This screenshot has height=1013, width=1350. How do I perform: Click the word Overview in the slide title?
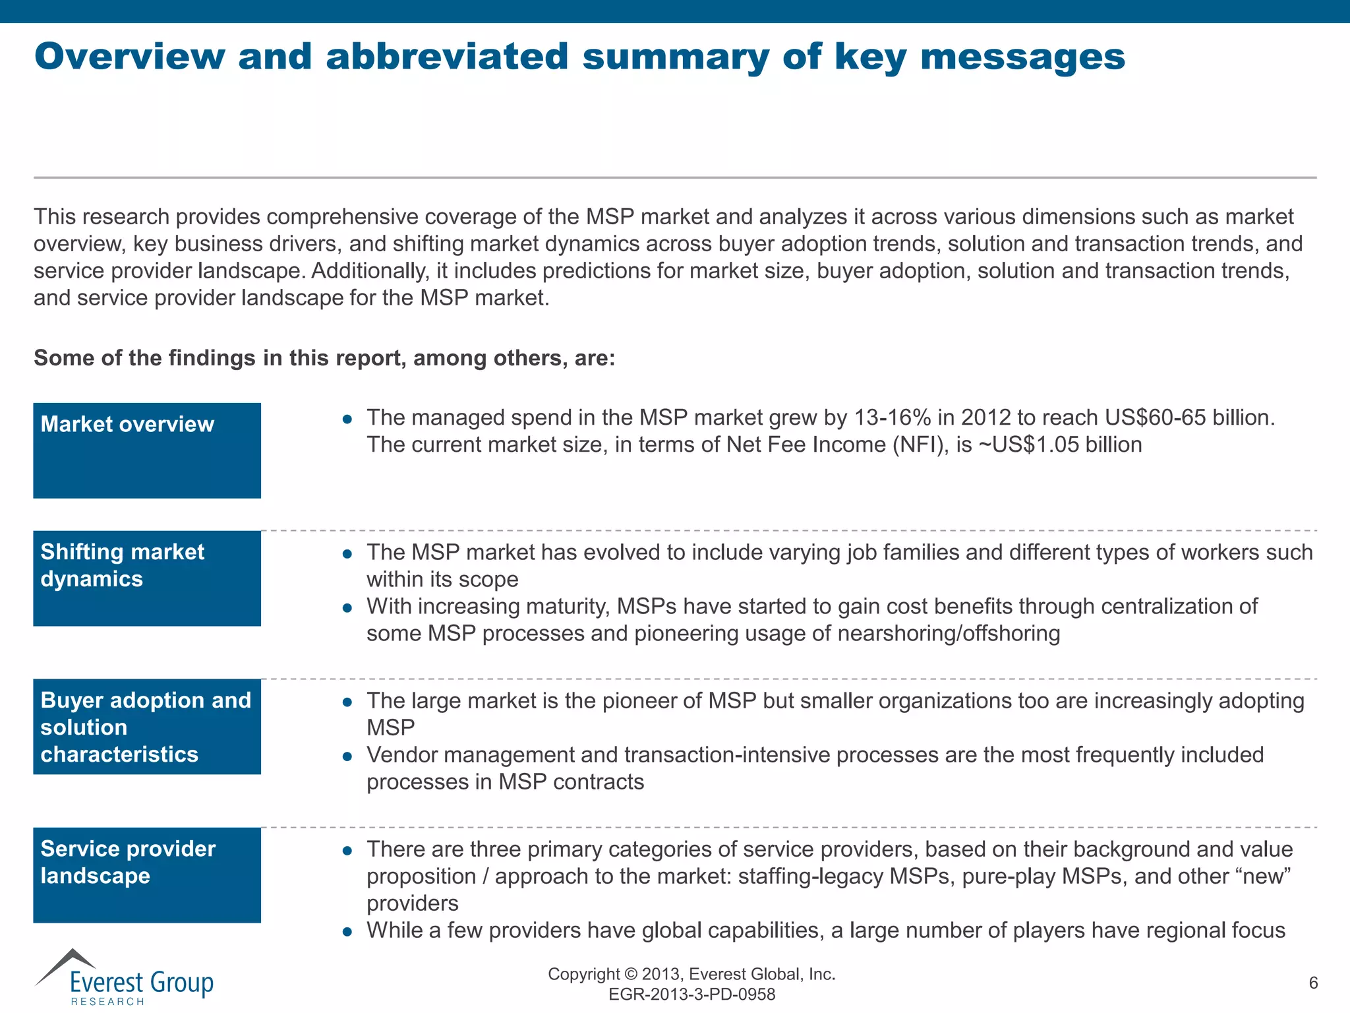click(x=130, y=57)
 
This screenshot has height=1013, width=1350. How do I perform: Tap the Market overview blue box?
click(x=147, y=450)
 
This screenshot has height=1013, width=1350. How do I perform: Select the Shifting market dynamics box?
click(x=147, y=578)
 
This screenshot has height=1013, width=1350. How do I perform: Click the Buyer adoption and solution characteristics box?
click(x=147, y=727)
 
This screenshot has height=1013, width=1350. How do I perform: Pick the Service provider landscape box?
click(x=147, y=875)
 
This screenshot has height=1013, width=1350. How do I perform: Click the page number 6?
click(x=1313, y=983)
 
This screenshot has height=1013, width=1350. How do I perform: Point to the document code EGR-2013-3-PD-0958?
click(x=691, y=995)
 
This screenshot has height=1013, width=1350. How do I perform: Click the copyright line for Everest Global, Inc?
click(x=691, y=974)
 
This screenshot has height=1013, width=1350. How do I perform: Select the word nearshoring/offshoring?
click(x=949, y=634)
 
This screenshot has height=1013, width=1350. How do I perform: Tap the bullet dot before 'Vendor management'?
click(x=347, y=756)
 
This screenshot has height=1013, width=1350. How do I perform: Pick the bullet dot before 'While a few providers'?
click(x=347, y=932)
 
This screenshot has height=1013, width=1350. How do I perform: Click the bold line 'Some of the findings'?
click(x=324, y=358)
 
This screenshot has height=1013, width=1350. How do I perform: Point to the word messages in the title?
click(x=1022, y=57)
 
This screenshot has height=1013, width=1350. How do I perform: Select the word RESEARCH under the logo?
click(x=107, y=1002)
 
